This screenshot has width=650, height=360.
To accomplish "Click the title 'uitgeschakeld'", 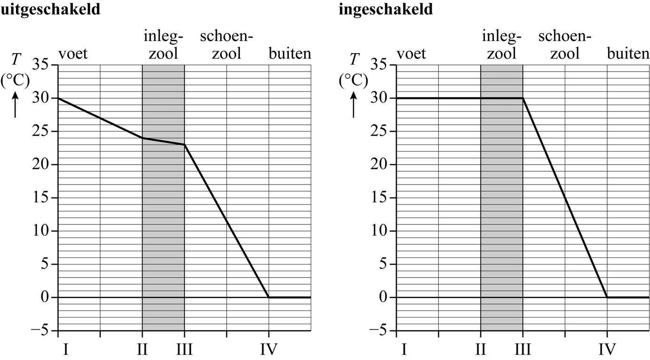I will click(x=50, y=9).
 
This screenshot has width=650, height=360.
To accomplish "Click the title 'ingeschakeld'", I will click(x=386, y=9).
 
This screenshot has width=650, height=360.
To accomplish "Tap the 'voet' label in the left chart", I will click(x=72, y=54).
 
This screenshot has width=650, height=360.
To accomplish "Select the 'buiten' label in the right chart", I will click(x=628, y=54).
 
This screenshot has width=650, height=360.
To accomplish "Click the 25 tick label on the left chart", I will click(x=41, y=131).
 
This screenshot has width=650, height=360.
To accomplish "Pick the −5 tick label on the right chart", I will click(x=376, y=331).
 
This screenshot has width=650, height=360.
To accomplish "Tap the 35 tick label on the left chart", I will click(x=41, y=64).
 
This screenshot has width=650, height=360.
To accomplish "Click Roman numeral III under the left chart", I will click(x=184, y=350).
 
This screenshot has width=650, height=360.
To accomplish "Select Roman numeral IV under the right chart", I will click(x=607, y=350).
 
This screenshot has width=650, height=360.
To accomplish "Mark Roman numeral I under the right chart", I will click(x=404, y=350).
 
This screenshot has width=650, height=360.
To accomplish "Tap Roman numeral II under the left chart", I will click(x=142, y=350).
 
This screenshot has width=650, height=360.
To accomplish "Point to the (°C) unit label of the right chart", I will click(x=353, y=80).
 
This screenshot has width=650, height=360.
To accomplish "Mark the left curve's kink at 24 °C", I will click(x=143, y=138).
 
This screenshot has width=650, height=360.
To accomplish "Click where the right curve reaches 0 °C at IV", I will click(x=607, y=297).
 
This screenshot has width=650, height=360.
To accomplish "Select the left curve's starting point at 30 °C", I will click(x=58, y=98).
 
